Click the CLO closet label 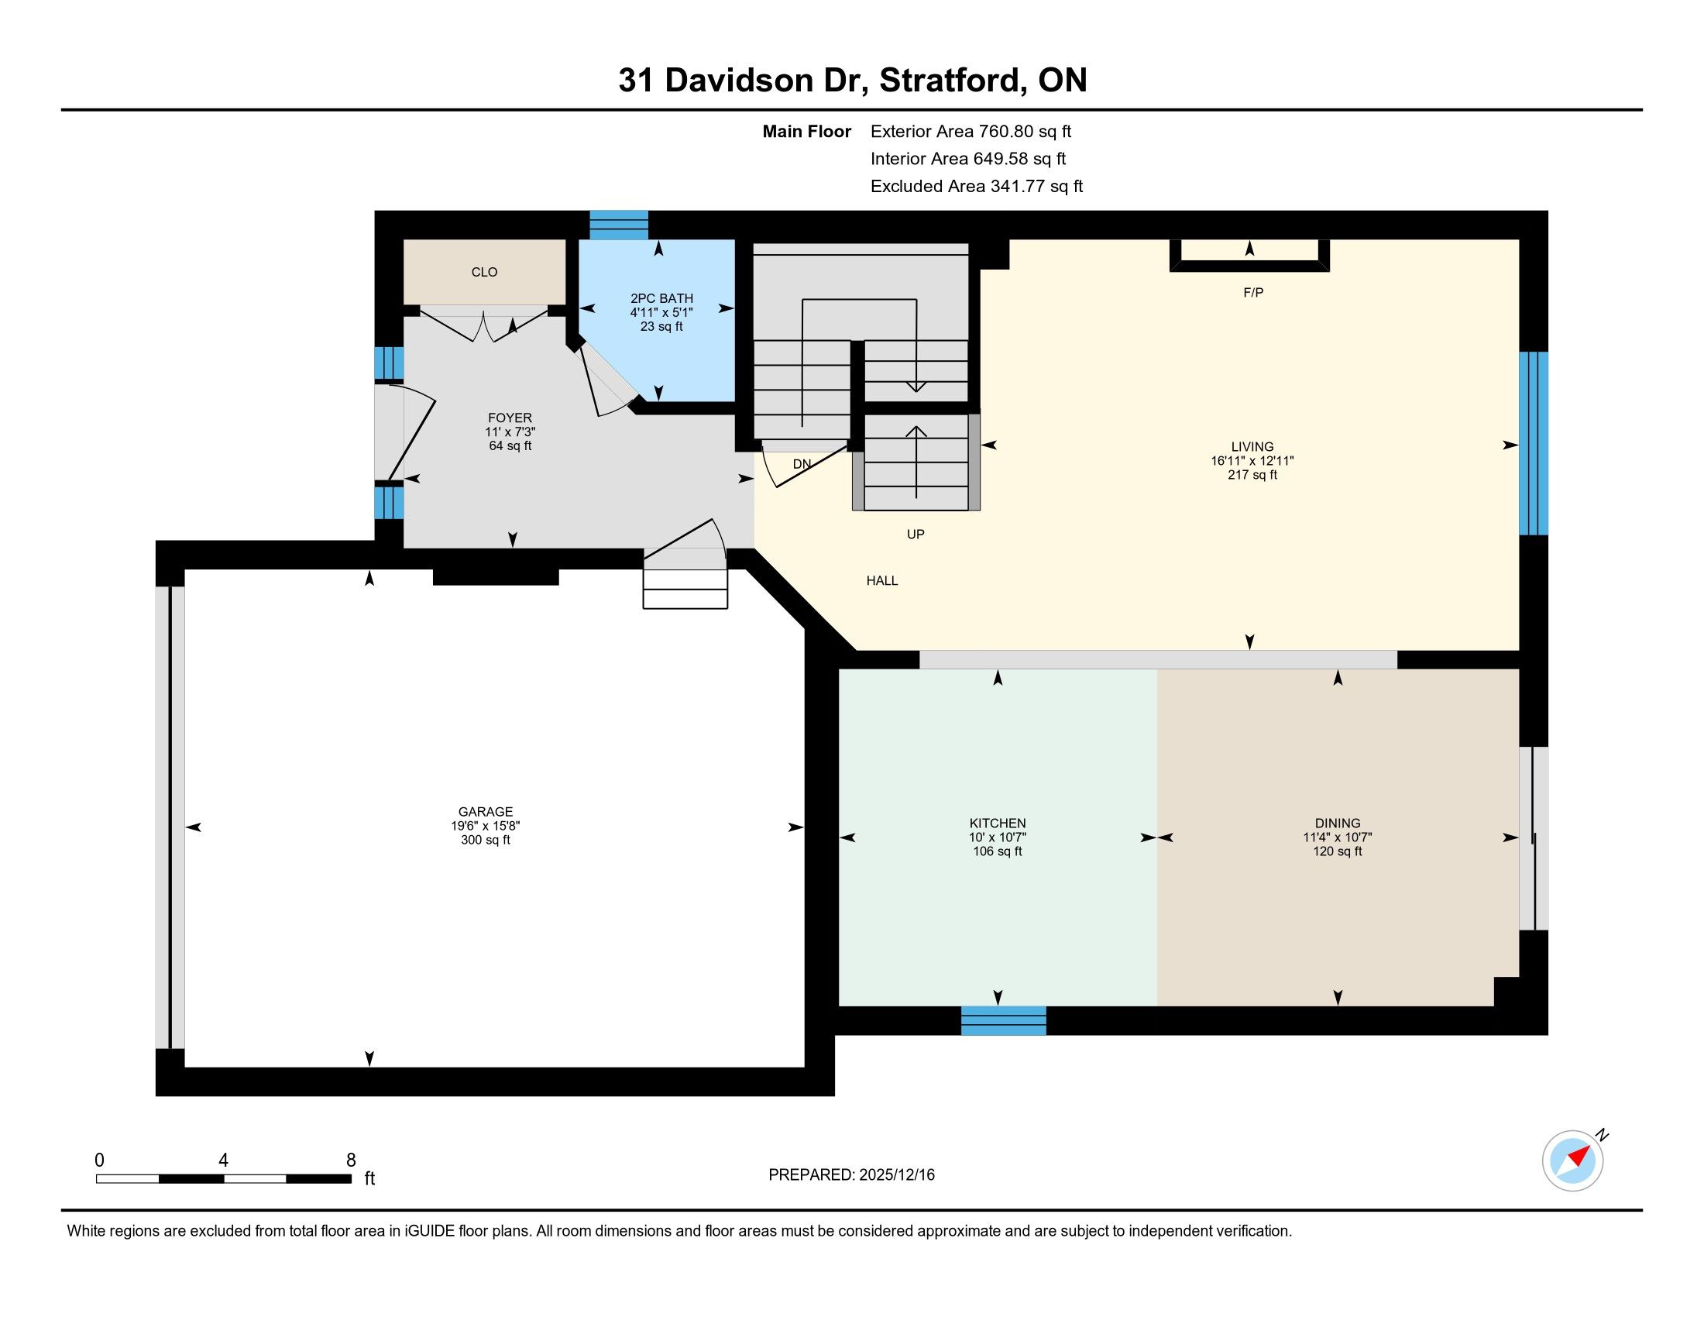485,272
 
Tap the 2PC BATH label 661,298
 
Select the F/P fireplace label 1253,293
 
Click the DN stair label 802,463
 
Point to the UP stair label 916,535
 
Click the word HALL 881,580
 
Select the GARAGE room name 486,811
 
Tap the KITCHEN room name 997,823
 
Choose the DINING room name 1338,823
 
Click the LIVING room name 1252,447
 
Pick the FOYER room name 510,418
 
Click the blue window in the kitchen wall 1003,1020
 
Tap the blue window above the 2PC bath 619,225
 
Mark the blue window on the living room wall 1533,443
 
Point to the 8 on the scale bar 351,1161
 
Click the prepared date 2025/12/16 896,1175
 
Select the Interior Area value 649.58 1001,159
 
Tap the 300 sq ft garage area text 486,841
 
